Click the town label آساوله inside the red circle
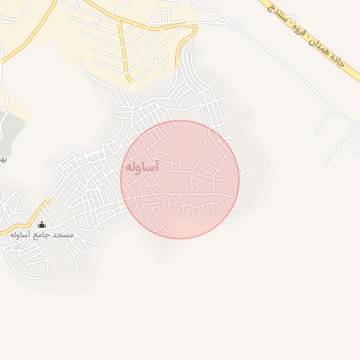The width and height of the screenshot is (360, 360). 142,167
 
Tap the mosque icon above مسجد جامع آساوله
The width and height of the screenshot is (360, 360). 41,225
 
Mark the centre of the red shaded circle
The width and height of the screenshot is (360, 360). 180,179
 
